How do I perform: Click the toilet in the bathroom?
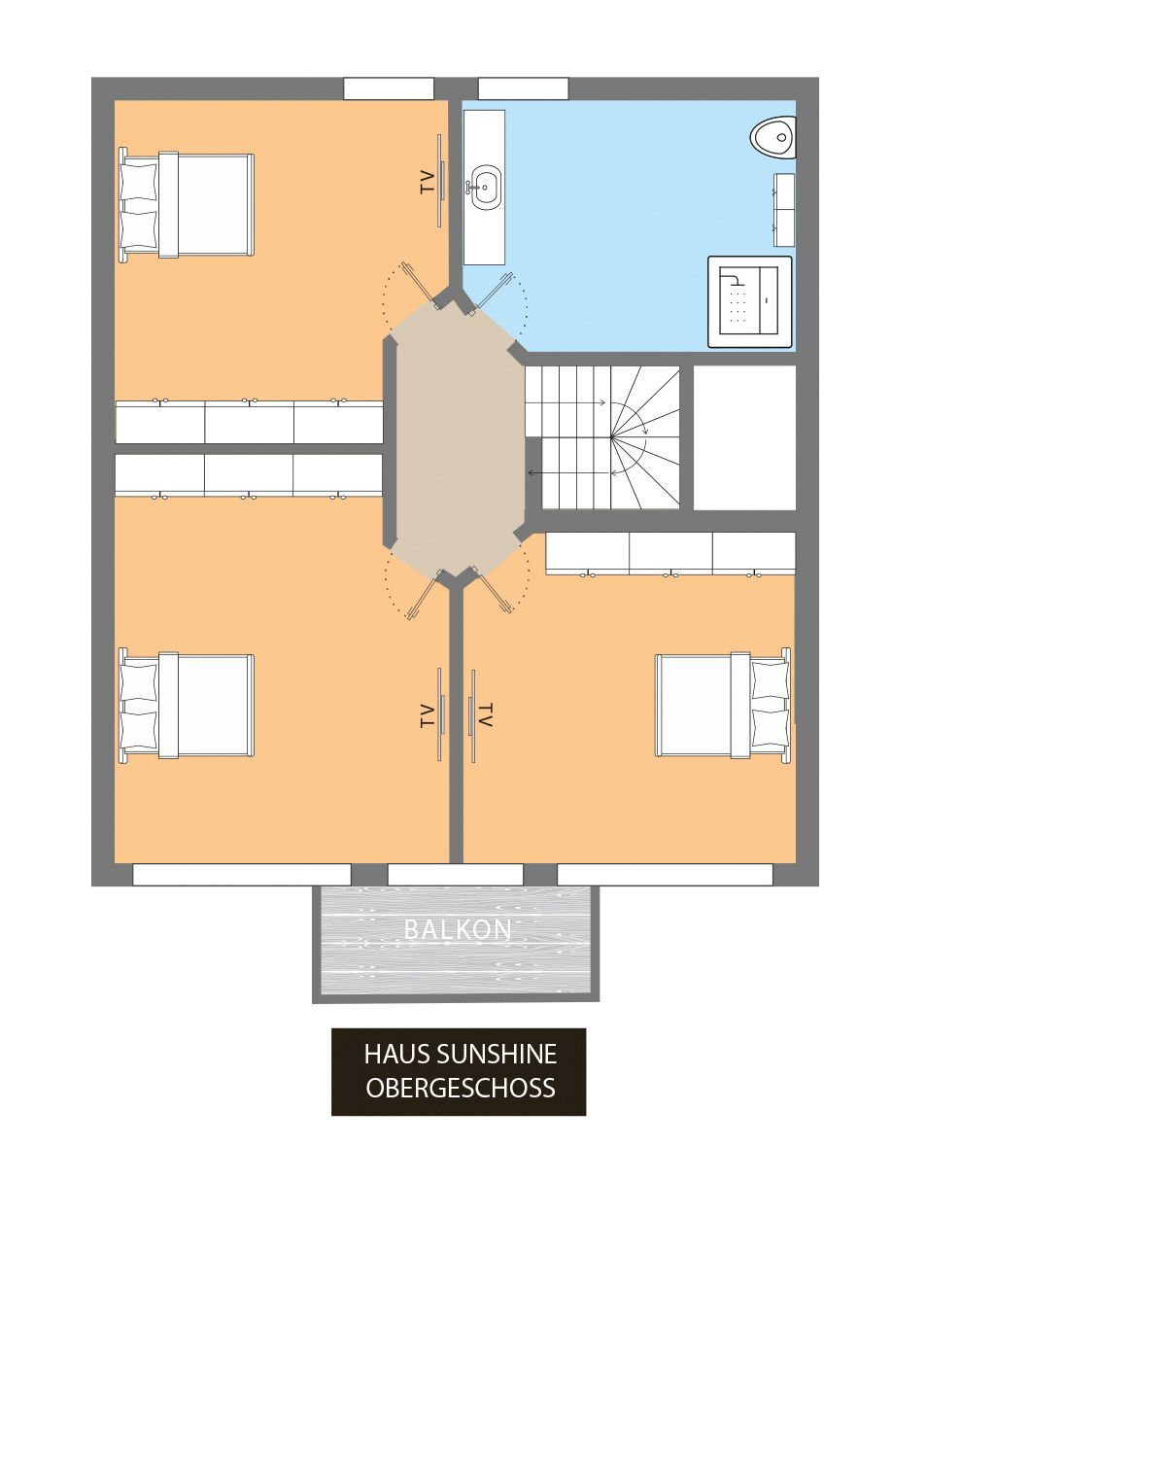773,137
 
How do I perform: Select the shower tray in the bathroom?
749,301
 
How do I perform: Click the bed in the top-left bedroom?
186,204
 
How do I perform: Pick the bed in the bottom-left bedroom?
186,705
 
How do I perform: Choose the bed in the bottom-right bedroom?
722,705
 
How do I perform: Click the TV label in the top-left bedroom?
427,182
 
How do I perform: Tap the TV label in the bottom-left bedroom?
427,715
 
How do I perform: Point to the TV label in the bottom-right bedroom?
485,715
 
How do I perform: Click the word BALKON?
458,929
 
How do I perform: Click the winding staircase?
602,437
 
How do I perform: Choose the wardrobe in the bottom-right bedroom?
670,553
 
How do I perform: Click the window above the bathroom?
523,88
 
